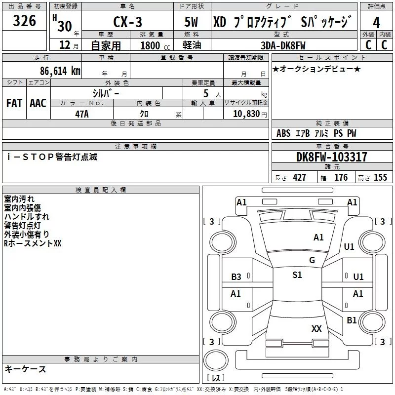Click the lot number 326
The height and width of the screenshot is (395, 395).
coord(25,21)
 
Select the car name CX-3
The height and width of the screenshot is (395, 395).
coord(128,23)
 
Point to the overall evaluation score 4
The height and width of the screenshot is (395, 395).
coord(377,23)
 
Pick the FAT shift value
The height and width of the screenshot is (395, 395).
coord(14,103)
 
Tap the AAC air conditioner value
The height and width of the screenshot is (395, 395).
coord(38,103)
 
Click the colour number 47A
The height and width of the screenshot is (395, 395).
coord(81,114)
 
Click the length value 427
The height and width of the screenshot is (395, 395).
coord(299,178)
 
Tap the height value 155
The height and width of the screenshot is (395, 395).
coord(380,178)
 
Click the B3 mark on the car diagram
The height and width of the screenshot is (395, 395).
coord(237,277)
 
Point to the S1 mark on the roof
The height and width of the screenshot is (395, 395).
coord(297,275)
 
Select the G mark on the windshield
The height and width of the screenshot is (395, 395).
coord(312,260)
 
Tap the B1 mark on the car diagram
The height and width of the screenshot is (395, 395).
coord(352,320)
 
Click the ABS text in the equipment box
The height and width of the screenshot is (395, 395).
coord(283,133)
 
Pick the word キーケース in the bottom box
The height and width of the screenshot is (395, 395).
coord(25,369)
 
